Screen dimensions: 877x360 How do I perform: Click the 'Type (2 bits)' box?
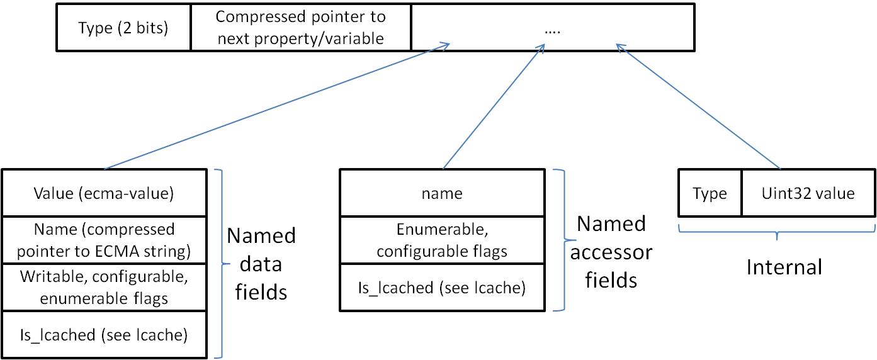123,28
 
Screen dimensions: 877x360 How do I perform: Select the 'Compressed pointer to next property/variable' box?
301,28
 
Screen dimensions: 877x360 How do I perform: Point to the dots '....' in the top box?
552,31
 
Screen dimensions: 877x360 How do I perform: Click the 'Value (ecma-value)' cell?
104,193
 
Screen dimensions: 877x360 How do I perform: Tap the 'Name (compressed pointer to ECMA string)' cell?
104,240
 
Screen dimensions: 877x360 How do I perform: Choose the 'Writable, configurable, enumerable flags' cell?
104,287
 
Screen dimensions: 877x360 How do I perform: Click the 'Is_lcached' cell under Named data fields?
104,335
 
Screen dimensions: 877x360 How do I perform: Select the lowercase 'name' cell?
442,193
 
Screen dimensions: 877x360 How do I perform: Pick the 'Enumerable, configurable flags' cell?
442,240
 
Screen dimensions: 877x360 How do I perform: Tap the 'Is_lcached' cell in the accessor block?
442,287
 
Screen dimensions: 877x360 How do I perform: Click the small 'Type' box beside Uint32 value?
710,193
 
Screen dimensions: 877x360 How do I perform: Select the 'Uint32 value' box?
808,193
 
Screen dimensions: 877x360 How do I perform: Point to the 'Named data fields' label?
261,264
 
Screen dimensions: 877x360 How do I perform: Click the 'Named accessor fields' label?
611,252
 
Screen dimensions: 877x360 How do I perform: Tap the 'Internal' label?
784,267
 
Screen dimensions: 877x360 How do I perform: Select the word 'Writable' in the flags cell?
54,277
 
